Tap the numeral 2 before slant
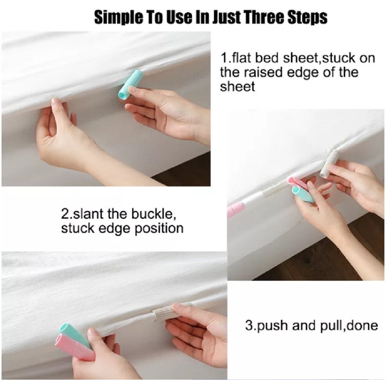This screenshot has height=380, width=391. coord(65,214)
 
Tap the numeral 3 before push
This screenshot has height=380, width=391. coord(248,325)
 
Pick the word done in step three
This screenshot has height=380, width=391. coord(361,325)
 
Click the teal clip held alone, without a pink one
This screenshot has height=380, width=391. coord(131,84)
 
